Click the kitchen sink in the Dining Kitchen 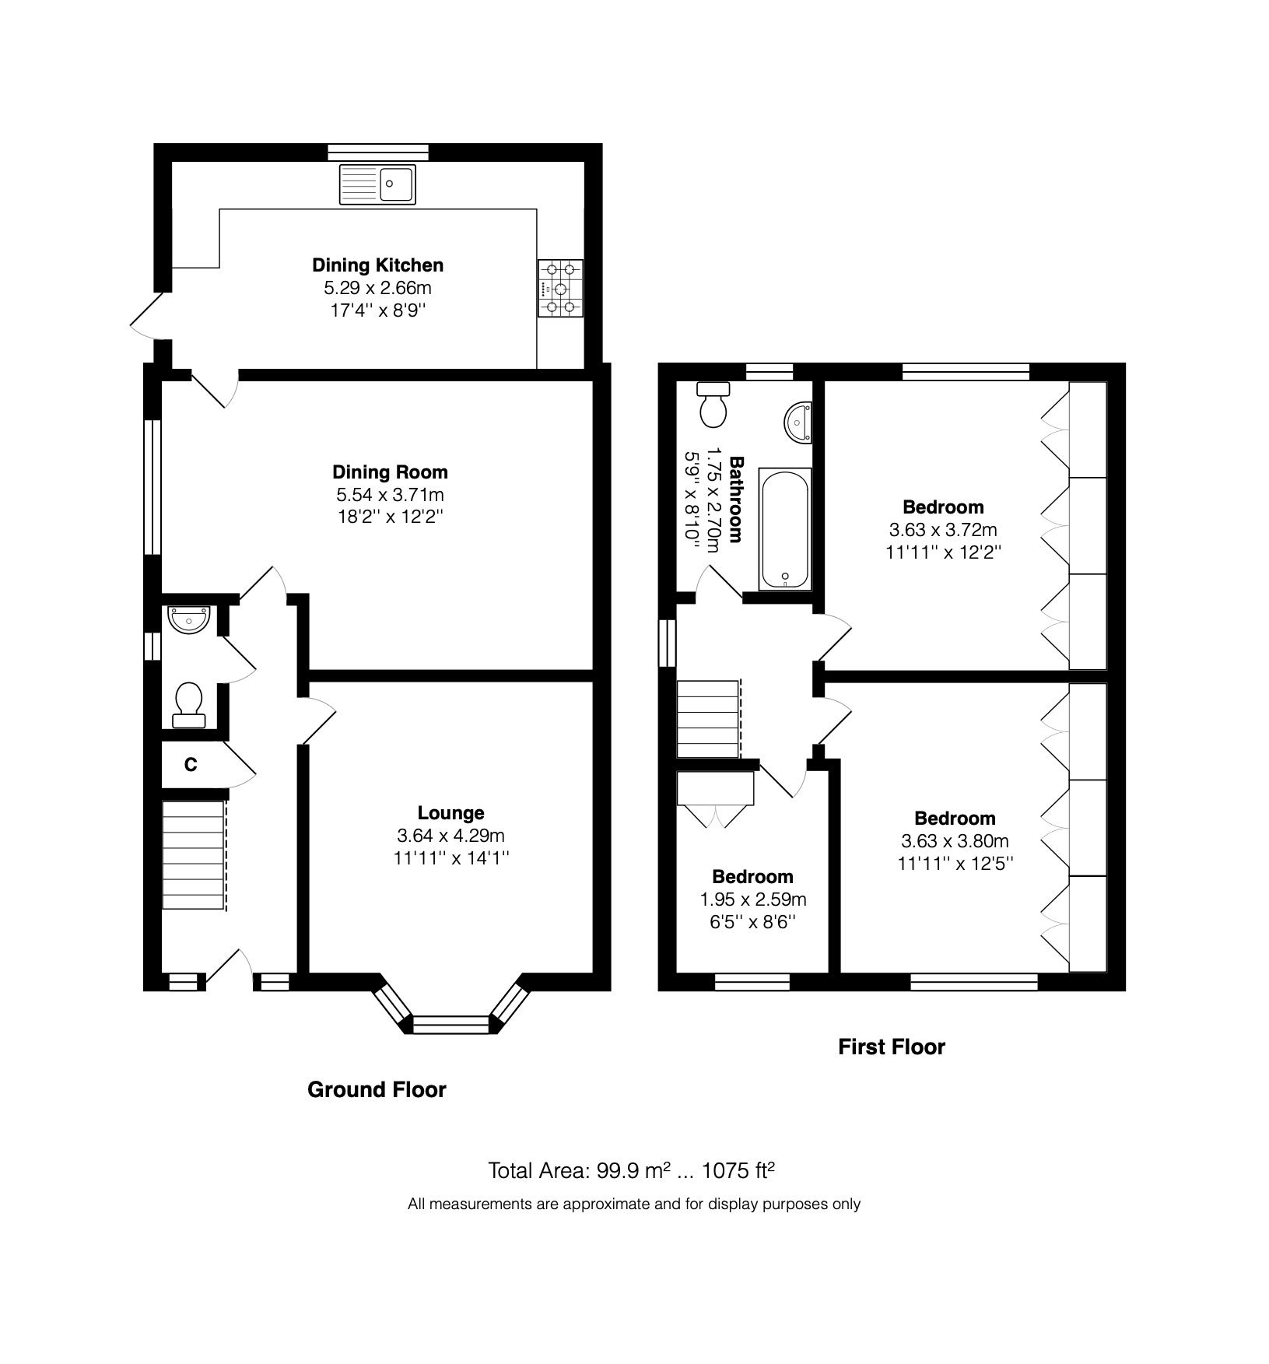[x=377, y=184]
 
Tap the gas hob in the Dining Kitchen [x=560, y=289]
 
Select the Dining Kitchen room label [x=377, y=265]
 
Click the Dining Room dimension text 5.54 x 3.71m [x=390, y=494]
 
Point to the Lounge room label [x=450, y=812]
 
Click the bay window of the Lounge [x=451, y=1022]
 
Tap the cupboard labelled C [x=191, y=765]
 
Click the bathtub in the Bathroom [x=784, y=529]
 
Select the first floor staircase [x=707, y=718]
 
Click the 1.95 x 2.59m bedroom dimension [x=752, y=899]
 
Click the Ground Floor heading [x=377, y=1089]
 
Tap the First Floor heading [x=891, y=1047]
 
